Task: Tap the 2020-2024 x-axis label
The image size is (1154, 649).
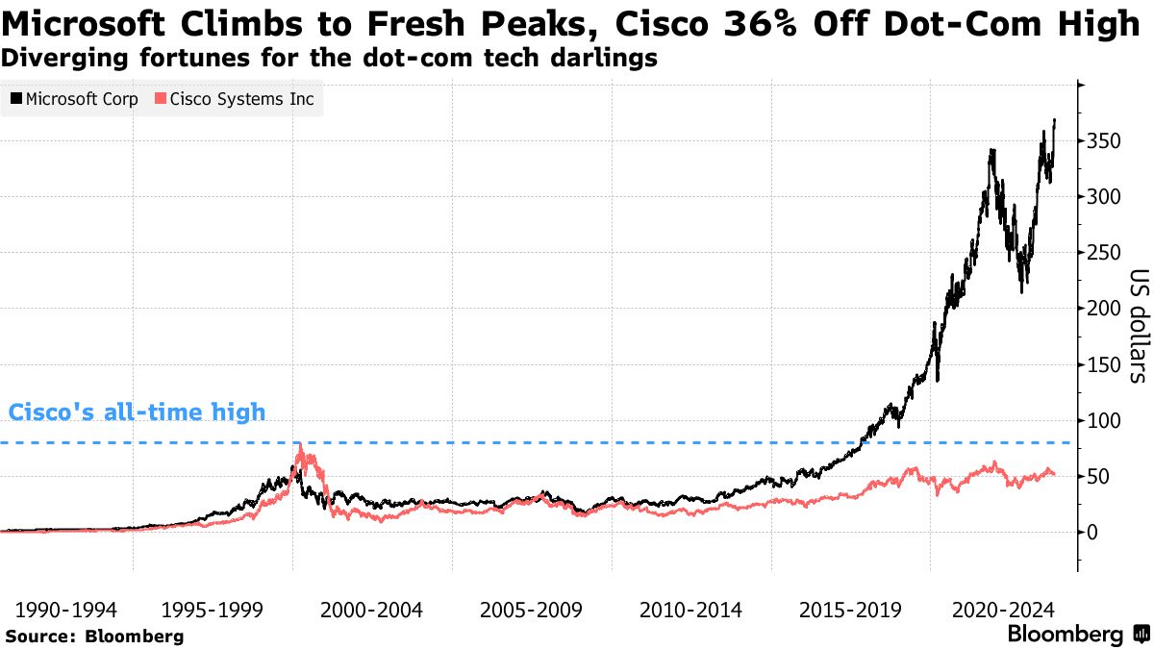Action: click(999, 610)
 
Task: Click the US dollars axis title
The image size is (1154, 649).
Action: click(1136, 324)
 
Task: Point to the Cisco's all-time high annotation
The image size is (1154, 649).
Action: click(137, 413)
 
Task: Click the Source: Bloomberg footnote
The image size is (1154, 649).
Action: click(93, 636)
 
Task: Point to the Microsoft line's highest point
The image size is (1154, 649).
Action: click(1055, 119)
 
